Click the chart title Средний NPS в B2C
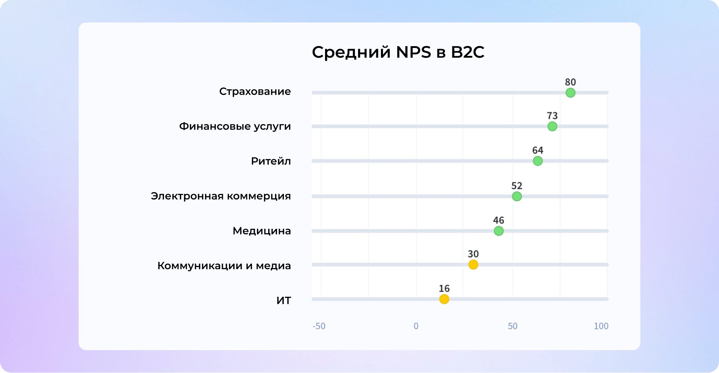398,52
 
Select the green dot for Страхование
570,93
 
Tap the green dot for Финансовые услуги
552,126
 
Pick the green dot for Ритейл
538,161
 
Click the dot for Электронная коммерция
517,196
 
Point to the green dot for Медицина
499,231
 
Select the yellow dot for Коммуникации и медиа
473,265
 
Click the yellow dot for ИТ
444,299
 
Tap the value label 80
570,82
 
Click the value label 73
552,116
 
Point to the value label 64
538,150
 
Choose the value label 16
444,289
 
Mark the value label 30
473,254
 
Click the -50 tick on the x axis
319,326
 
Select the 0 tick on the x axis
416,326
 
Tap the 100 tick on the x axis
601,326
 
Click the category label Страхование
255,92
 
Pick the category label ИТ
283,301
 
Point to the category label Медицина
262,231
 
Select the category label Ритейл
271,161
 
